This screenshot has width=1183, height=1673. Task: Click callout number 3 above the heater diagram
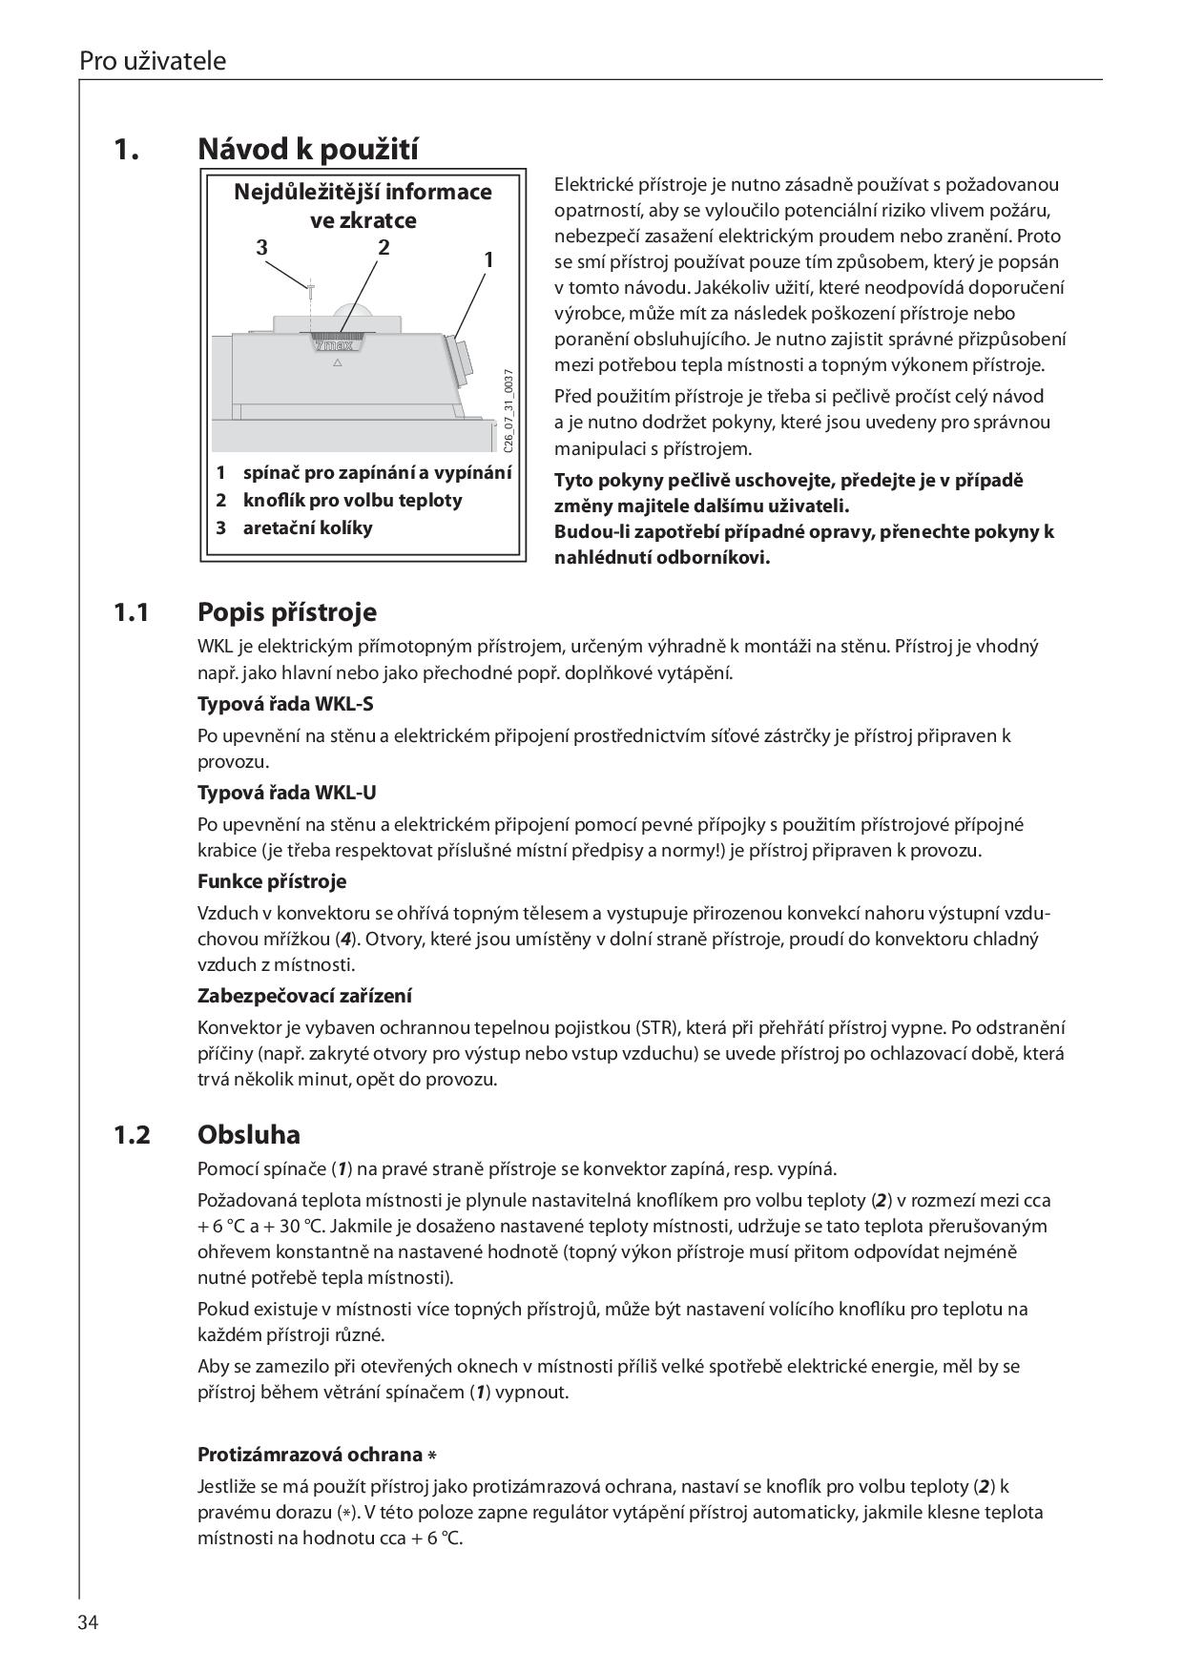click(x=262, y=248)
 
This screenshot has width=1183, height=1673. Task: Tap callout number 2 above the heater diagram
click(x=384, y=247)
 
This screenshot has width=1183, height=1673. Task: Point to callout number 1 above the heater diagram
click(x=488, y=259)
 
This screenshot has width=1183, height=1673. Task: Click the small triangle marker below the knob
click(x=337, y=363)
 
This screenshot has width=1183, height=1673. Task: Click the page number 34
click(x=90, y=1622)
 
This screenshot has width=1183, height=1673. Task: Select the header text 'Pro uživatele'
click(x=153, y=61)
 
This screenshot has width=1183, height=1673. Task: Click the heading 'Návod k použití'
click(x=308, y=150)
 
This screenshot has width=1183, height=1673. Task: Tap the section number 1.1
click(x=132, y=611)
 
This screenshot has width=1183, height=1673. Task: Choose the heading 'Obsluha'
click(x=249, y=1135)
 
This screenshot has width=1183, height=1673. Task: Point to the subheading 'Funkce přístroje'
click(x=272, y=881)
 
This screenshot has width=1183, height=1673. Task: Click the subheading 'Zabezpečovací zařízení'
click(x=304, y=996)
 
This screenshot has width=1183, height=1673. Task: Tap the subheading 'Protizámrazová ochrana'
click(x=310, y=1455)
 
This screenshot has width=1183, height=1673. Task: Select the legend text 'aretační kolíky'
click(x=308, y=528)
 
